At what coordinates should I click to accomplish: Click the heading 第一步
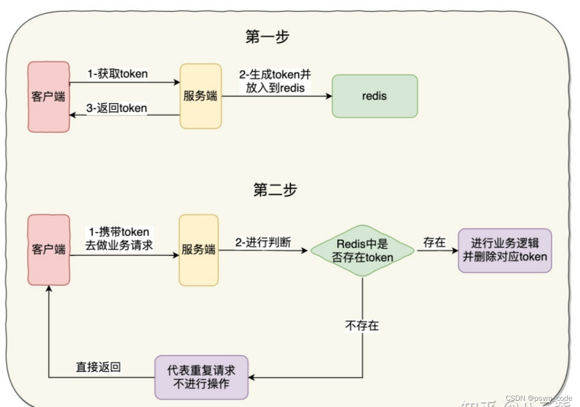pyautogui.click(x=268, y=37)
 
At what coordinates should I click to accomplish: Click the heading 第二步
pyautogui.click(x=275, y=190)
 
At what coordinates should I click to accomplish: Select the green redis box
pyautogui.click(x=374, y=96)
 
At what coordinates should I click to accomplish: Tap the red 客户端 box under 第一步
pyautogui.click(x=48, y=96)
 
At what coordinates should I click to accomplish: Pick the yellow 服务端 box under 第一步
pyautogui.click(x=201, y=96)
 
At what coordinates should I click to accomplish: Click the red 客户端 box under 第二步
pyautogui.click(x=48, y=249)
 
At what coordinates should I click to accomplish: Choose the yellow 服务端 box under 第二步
pyautogui.click(x=198, y=250)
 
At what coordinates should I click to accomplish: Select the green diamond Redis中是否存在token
pyautogui.click(x=362, y=250)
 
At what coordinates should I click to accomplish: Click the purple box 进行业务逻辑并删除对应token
pyautogui.click(x=505, y=250)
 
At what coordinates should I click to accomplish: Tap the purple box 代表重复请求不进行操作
pyautogui.click(x=201, y=377)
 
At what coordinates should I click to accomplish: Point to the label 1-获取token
pyautogui.click(x=118, y=74)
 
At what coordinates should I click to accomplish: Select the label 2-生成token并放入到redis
pyautogui.click(x=275, y=81)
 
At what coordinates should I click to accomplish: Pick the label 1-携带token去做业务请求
pyautogui.click(x=119, y=239)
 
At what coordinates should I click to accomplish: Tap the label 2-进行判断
pyautogui.click(x=263, y=242)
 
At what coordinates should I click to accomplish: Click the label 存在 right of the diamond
pyautogui.click(x=434, y=242)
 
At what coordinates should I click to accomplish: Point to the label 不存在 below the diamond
pyautogui.click(x=362, y=325)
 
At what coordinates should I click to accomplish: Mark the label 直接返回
pyautogui.click(x=98, y=367)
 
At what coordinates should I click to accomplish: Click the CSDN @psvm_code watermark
pyautogui.click(x=539, y=398)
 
